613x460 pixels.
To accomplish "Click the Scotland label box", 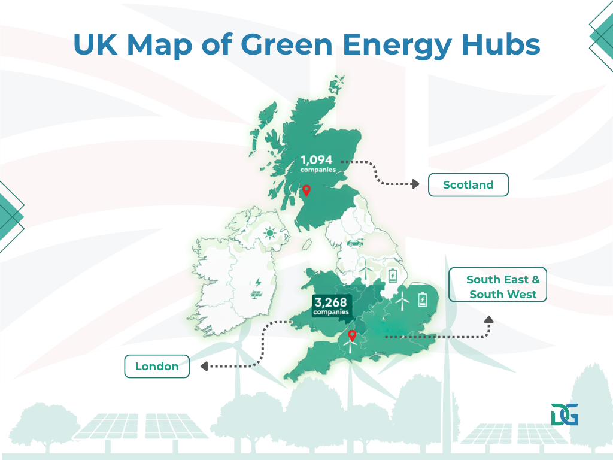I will tap(468, 185).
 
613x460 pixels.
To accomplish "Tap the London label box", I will tap(157, 367).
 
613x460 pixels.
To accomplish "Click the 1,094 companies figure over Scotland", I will tap(317, 163).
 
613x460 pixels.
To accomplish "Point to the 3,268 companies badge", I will tap(330, 305).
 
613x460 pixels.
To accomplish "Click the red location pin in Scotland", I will tap(306, 191).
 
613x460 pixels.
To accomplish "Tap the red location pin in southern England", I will tap(352, 336).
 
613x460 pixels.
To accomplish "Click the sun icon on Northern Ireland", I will tap(271, 233).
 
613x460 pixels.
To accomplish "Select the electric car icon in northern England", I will tap(354, 243).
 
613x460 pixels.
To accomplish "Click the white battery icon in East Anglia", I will tap(424, 299).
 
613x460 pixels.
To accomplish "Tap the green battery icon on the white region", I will tap(393, 276).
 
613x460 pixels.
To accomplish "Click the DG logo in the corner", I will tap(565, 414).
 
